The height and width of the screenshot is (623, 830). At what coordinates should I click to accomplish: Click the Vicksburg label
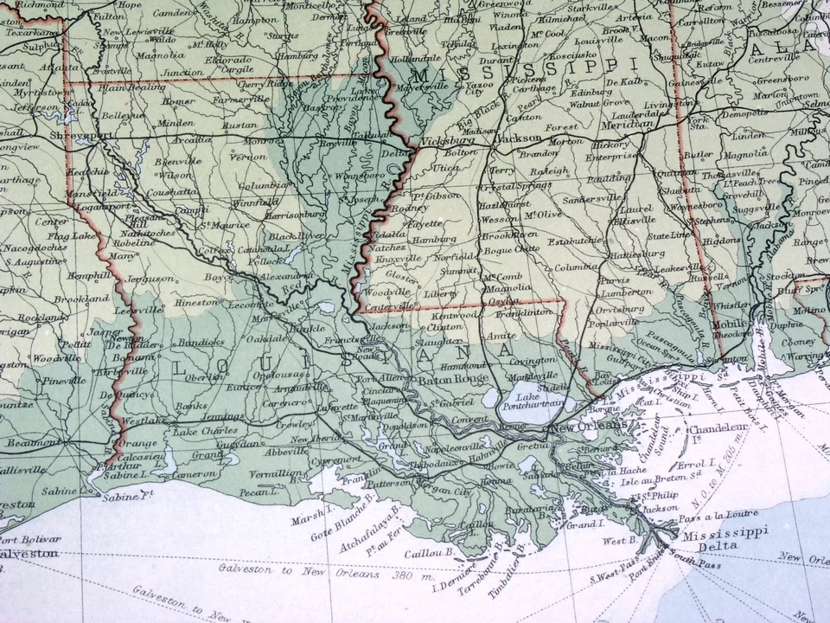[x=448, y=140]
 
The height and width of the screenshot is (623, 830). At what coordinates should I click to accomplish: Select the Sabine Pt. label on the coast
[x=127, y=498]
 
